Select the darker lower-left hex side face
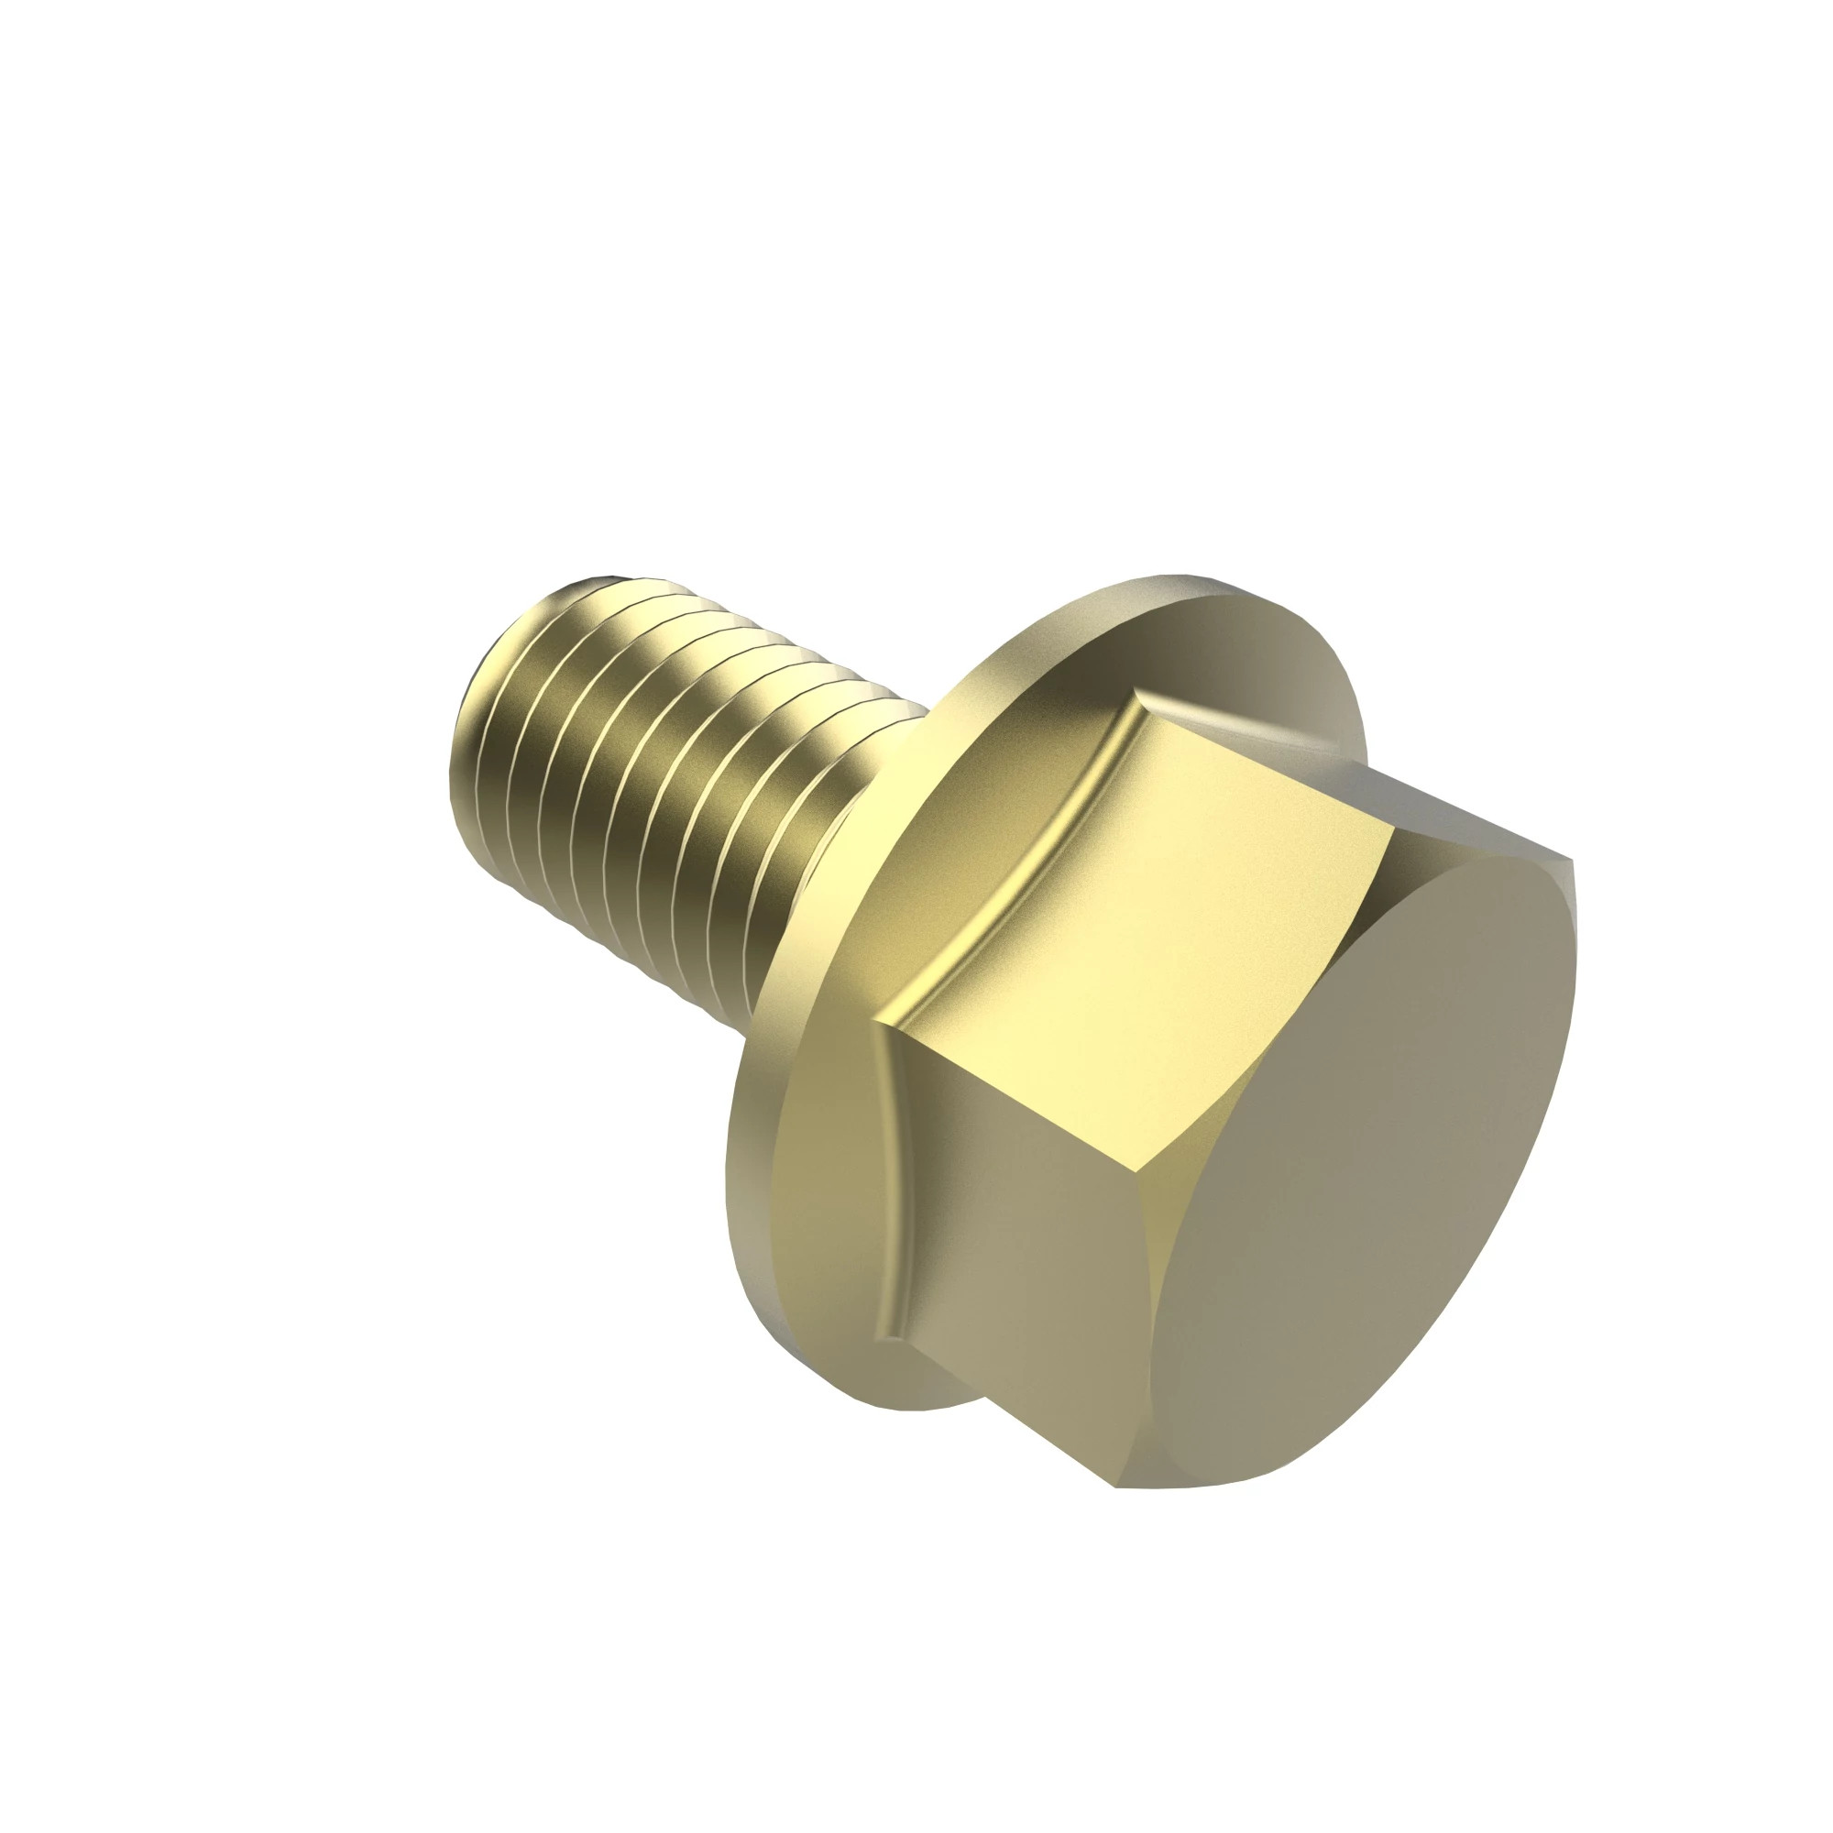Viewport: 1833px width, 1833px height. [x=1025, y=1234]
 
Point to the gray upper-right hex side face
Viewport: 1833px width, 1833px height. [x=1461, y=807]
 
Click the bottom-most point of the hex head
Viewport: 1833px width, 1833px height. [x=1120, y=1486]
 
